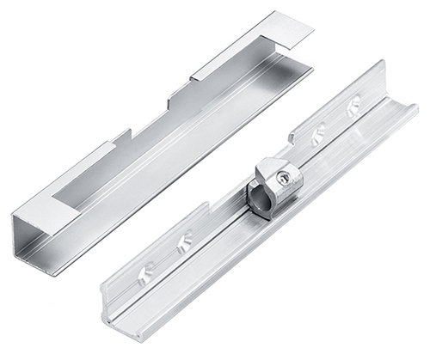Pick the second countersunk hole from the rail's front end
coord(183,244)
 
